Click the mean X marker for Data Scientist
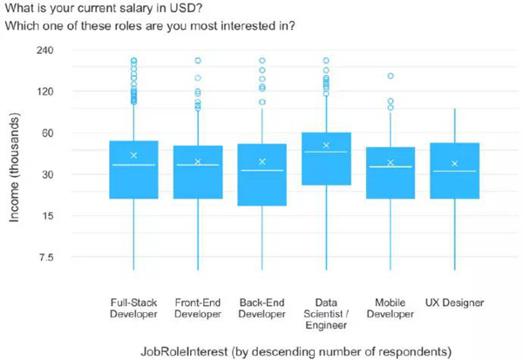click(x=326, y=146)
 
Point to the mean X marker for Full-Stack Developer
click(x=133, y=155)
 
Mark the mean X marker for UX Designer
click(x=454, y=163)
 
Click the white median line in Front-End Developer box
click(x=198, y=165)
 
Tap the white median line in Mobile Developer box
click(x=390, y=166)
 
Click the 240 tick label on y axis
click(x=44, y=50)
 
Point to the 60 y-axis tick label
click(x=47, y=132)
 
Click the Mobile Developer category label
click(x=390, y=309)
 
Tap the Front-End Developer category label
click(x=198, y=309)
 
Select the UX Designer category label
click(x=454, y=302)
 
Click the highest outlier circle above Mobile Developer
click(x=391, y=77)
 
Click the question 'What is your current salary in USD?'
click(x=114, y=8)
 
